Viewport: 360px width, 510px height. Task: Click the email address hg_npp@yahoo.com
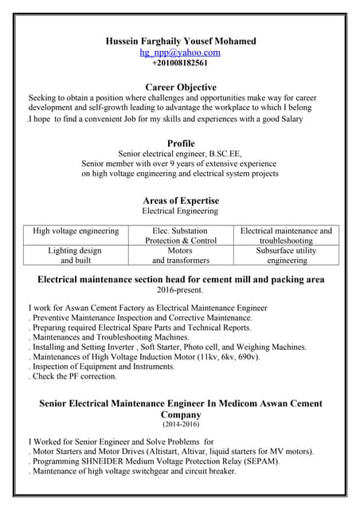(x=180, y=53)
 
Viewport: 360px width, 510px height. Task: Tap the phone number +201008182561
(x=180, y=63)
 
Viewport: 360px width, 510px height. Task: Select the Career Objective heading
(x=181, y=86)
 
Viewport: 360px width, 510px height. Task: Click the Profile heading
(x=181, y=143)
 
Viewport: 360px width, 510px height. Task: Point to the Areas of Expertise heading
(x=181, y=200)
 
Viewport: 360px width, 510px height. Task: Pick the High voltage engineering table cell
(x=76, y=231)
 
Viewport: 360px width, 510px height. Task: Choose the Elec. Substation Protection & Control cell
(x=181, y=235)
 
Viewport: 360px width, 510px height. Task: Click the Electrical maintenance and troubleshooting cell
(x=286, y=235)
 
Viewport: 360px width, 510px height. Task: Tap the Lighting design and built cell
(x=75, y=255)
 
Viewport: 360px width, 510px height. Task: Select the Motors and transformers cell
(x=181, y=255)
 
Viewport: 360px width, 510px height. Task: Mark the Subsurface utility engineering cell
(x=286, y=255)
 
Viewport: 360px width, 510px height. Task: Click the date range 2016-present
(x=180, y=291)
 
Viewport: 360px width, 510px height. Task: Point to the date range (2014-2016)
(x=181, y=426)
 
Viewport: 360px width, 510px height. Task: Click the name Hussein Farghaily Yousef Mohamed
(x=181, y=41)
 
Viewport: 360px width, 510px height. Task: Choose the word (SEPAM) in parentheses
(x=264, y=461)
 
